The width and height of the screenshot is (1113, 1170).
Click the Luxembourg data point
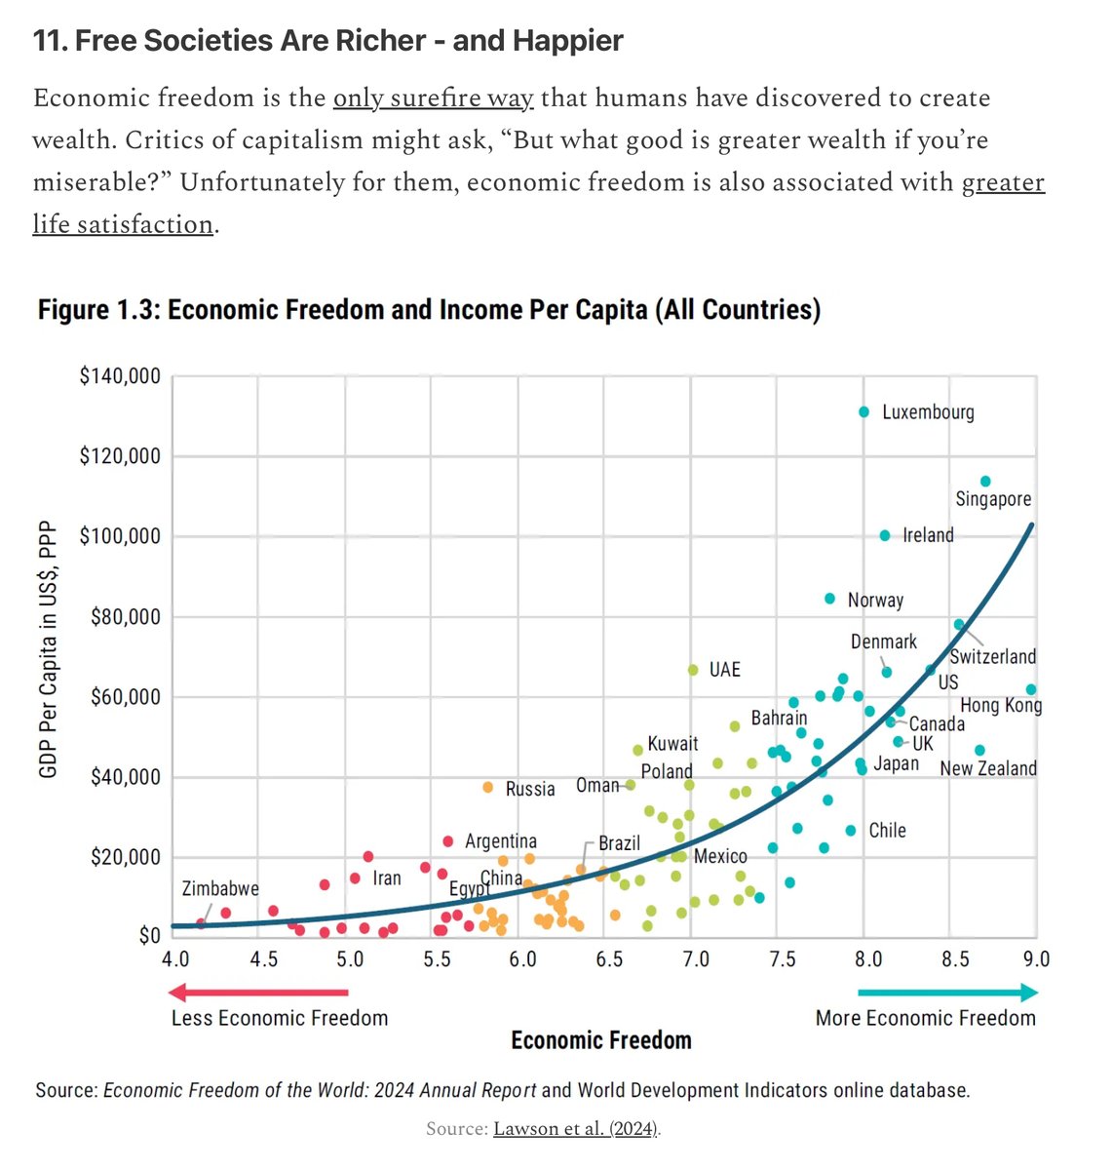(x=864, y=412)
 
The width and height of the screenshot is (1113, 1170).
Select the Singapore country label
(x=992, y=499)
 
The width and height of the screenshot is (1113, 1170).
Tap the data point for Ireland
(x=885, y=535)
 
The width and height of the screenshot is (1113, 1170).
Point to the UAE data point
(x=693, y=670)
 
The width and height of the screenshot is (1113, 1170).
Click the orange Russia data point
(x=488, y=788)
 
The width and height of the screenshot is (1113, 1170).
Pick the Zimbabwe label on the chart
(x=220, y=888)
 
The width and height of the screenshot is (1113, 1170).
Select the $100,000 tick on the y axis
(x=120, y=536)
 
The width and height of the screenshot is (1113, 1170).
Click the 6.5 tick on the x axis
(x=608, y=958)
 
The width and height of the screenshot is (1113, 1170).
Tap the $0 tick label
(x=148, y=936)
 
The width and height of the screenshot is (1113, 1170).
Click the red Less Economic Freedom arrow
(x=258, y=993)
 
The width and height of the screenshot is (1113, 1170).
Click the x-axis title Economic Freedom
(x=601, y=1040)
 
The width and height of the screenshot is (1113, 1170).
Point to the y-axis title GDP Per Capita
(x=48, y=649)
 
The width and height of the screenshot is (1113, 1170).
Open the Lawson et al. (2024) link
(x=576, y=1129)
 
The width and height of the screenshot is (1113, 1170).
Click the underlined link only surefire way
(x=434, y=98)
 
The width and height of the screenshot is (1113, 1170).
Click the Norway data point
(x=829, y=599)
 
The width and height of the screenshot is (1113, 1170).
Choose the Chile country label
(x=887, y=831)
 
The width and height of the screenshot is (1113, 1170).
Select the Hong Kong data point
(x=1031, y=689)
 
